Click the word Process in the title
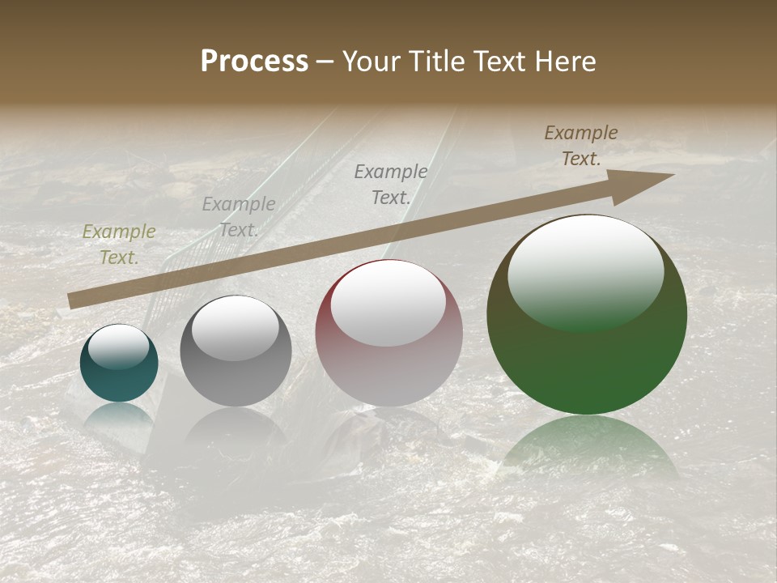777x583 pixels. (254, 62)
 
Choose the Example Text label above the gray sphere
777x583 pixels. (238, 217)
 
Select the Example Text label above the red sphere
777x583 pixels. (391, 184)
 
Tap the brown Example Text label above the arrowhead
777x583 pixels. (581, 146)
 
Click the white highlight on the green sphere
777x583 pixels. (586, 271)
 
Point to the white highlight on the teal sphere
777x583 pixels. (118, 347)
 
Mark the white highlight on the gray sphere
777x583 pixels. (235, 327)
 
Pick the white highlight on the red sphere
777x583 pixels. (388, 303)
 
